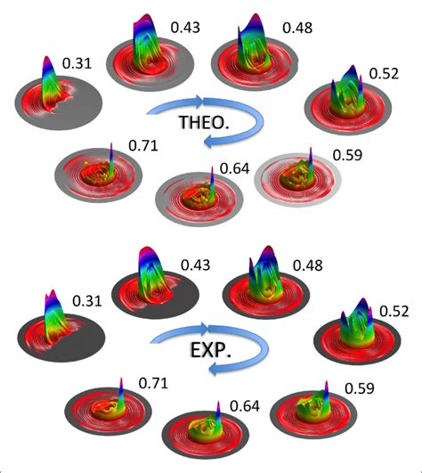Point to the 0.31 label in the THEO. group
[x=77, y=64]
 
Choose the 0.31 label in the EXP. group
[x=86, y=302]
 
